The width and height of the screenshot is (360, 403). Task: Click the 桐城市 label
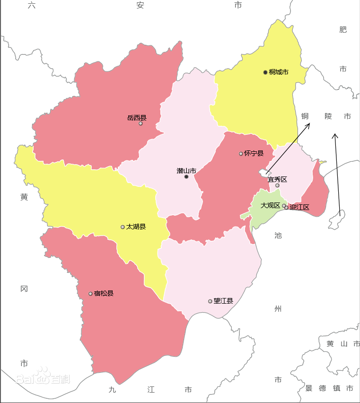279,72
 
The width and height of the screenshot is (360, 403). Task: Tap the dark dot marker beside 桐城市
265,72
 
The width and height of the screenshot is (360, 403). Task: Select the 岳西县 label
137,117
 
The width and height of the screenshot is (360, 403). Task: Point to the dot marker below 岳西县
140,123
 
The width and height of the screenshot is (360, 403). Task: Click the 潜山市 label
186,170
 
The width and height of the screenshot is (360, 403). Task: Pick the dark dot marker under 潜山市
186,176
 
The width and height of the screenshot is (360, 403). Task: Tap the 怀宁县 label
254,153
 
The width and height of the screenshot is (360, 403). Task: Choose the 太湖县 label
136,227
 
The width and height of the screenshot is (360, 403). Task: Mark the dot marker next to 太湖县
123,227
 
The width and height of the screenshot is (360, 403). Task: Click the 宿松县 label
104,293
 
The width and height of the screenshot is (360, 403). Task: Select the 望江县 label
223,301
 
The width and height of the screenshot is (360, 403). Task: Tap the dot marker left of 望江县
210,301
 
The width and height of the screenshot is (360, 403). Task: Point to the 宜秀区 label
277,179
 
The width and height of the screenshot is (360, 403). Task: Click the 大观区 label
271,205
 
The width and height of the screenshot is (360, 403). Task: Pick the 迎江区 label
299,207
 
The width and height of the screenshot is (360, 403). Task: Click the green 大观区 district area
263,215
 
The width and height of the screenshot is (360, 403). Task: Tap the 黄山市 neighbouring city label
343,344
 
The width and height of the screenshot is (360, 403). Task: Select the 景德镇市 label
329,388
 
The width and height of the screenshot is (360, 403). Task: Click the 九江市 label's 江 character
150,390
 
